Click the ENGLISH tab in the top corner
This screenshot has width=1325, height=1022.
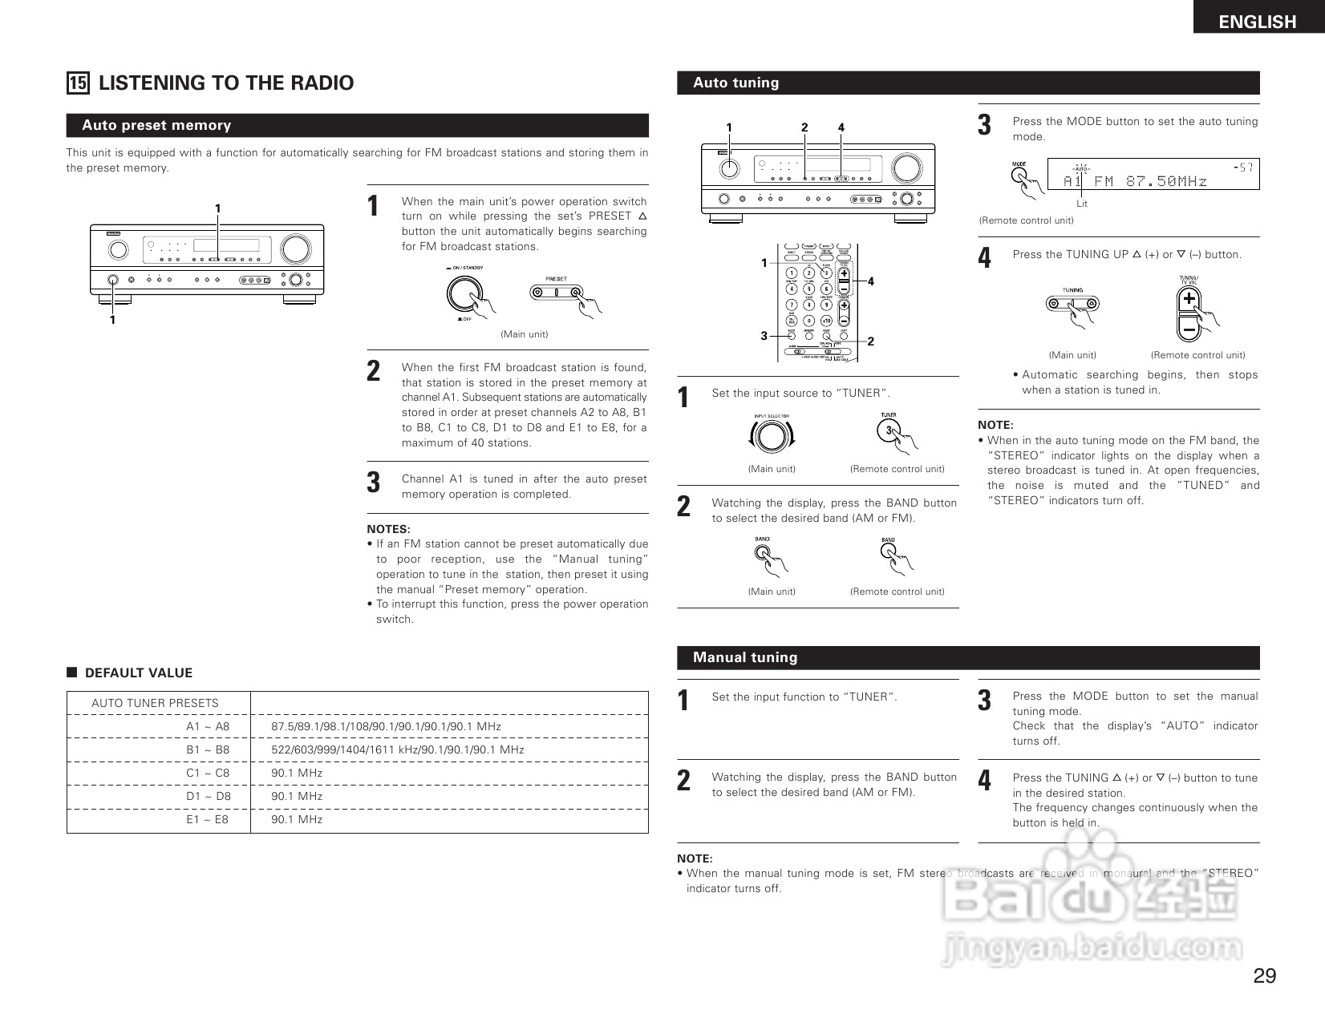1257,22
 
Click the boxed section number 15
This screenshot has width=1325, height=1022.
78,83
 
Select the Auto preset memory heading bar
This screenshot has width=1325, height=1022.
357,125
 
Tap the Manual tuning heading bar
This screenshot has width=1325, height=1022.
968,657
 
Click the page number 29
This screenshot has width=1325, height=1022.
1264,976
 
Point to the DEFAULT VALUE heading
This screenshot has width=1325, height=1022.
138,673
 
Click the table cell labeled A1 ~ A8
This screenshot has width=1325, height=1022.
208,727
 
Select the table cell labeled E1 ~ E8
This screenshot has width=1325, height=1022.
207,820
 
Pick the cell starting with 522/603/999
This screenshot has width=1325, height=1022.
397,750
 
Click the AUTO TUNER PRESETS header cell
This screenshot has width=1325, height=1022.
155,703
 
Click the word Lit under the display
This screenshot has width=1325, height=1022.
1082,204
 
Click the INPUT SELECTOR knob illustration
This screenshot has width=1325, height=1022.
771,437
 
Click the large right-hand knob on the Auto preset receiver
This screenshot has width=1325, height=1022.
295,249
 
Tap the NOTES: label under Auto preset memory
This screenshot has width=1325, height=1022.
388,529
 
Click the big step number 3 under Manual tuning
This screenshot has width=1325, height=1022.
984,701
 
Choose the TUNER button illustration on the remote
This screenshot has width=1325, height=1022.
889,431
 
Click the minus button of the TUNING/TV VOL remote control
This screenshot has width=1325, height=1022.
1189,327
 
